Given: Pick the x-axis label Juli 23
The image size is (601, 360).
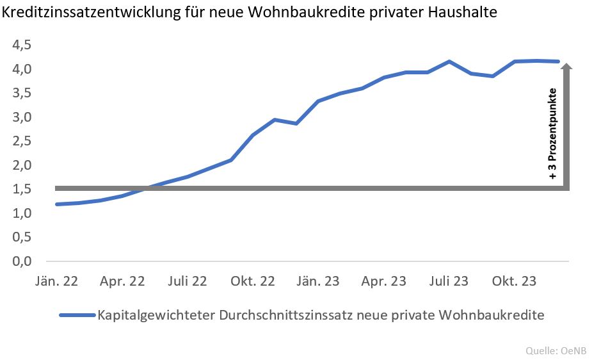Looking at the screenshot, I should coord(449,281).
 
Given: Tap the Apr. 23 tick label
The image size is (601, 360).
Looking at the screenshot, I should coord(383,281).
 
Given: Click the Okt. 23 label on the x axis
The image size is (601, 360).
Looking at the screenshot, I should coord(515,281).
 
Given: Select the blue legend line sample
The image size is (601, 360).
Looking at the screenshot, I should coord(76,316).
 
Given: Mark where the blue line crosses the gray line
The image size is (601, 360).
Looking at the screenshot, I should coord(146,188).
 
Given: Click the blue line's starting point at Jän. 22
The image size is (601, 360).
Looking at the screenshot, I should coord(57,204).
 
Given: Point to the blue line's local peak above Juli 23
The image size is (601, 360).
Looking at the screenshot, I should coord(449,61).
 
